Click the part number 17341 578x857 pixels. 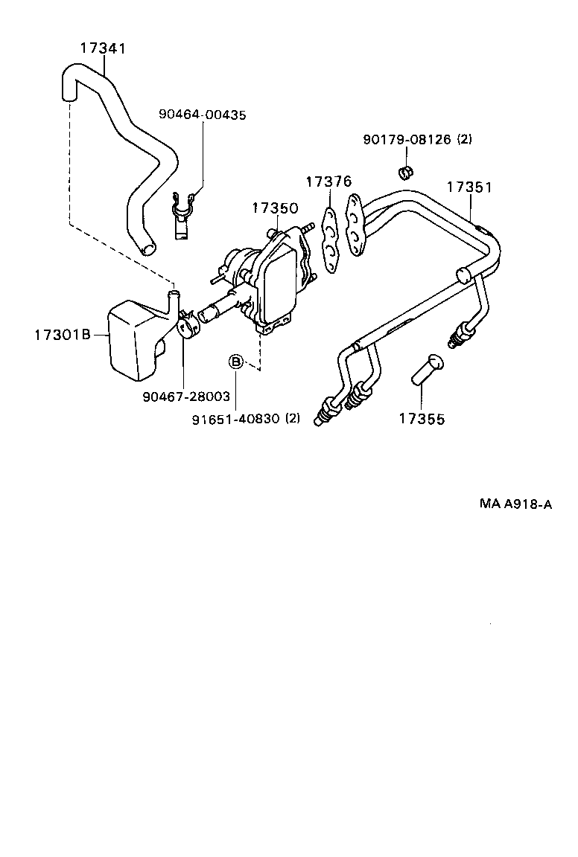103,49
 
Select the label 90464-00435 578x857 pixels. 202,115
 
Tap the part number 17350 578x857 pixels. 274,208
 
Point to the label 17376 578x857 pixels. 328,182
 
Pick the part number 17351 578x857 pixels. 469,187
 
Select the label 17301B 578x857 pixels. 62,335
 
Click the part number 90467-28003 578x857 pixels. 186,397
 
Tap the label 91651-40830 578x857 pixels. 235,418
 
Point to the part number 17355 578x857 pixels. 421,419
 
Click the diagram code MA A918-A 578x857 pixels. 515,504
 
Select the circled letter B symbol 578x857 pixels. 235,362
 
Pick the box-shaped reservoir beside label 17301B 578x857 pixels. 134,338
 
